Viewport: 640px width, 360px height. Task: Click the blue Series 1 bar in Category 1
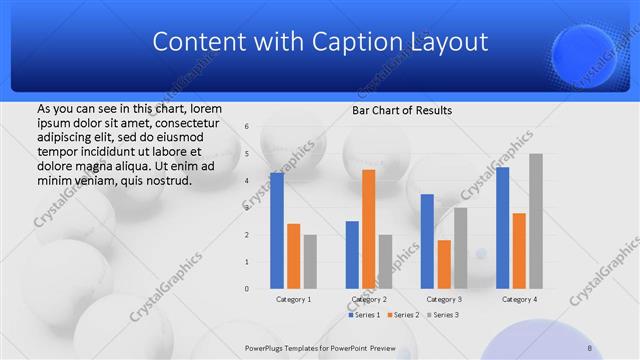[x=277, y=230]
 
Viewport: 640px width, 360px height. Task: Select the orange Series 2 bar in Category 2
[x=368, y=229]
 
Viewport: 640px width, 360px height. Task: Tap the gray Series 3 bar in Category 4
[x=536, y=221]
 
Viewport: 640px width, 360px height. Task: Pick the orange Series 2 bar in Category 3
[x=444, y=264]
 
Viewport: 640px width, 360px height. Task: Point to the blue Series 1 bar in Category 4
[x=502, y=228]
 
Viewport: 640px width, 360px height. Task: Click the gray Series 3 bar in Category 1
[x=310, y=261]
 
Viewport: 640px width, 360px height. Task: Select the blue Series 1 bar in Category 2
[x=352, y=254]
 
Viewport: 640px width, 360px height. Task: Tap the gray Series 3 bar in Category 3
[x=460, y=247]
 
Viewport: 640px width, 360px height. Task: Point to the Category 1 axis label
[x=293, y=299]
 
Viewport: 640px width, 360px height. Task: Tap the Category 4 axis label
[x=519, y=299]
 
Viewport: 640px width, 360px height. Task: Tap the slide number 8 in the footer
[x=590, y=347]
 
